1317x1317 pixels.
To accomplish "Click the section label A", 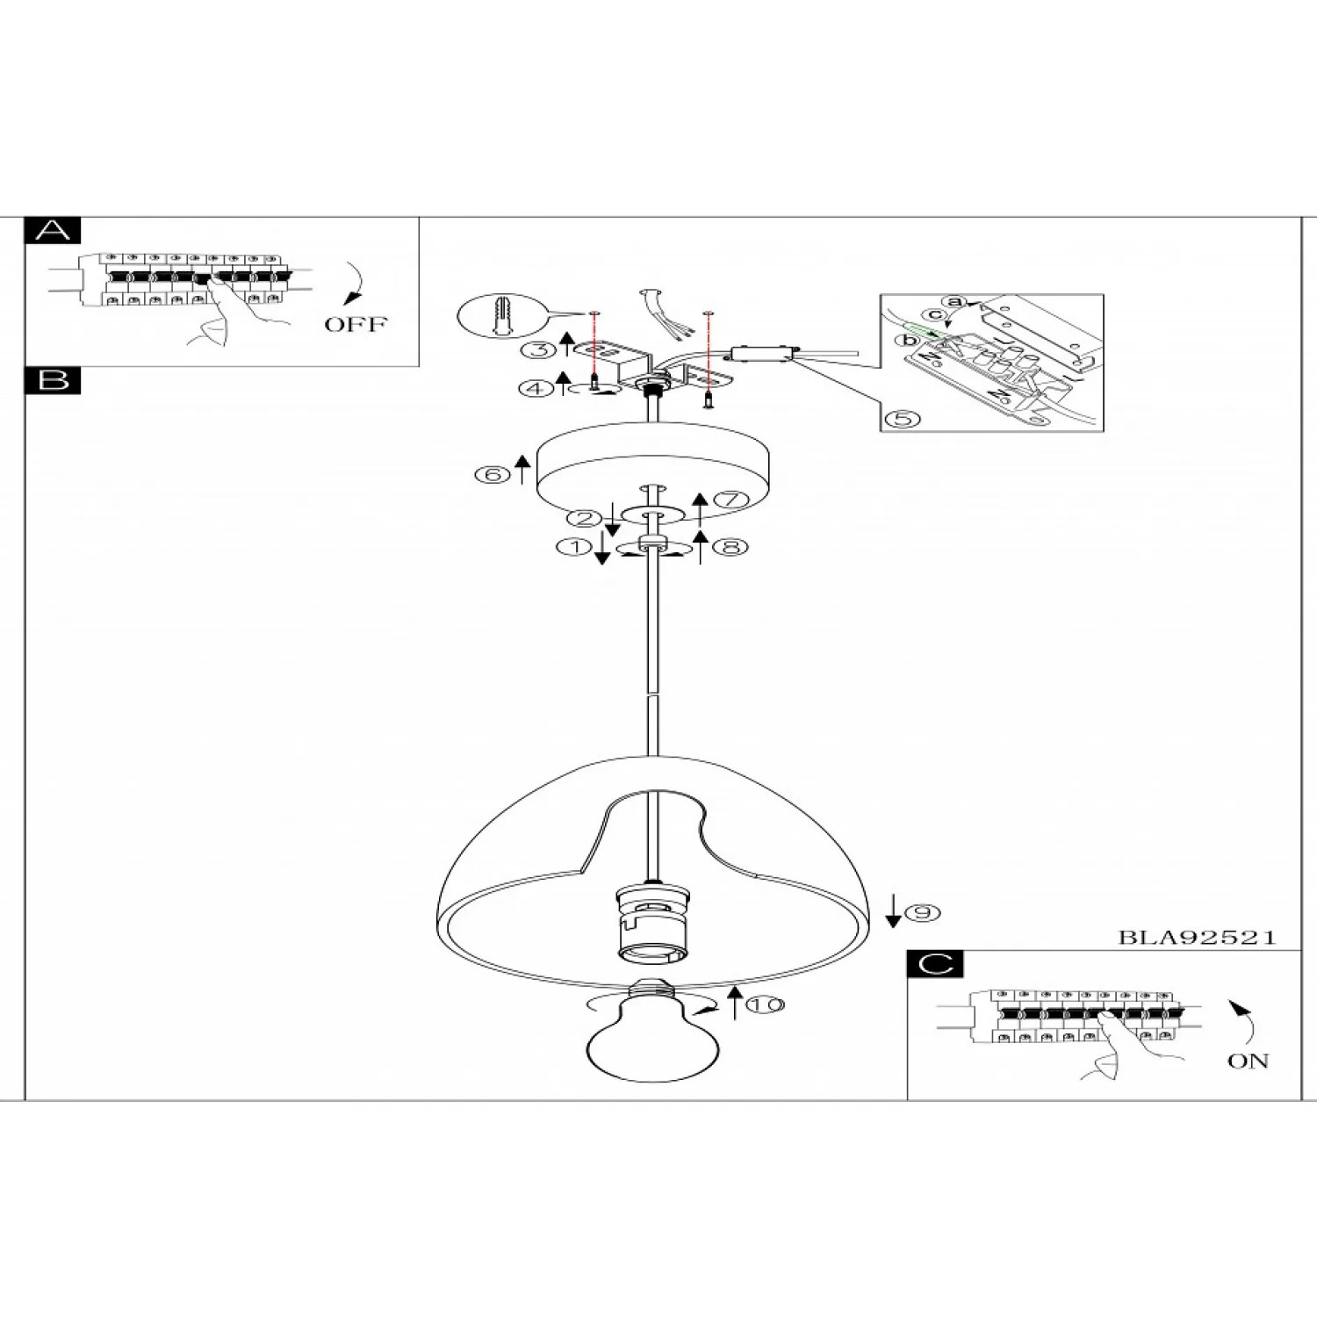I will pyautogui.click(x=54, y=231).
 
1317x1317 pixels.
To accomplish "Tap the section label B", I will pyautogui.click(x=54, y=380).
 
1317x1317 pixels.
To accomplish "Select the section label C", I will pyautogui.click(x=935, y=964).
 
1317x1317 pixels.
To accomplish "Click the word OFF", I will pyautogui.click(x=356, y=324).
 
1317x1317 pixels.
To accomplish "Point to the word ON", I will pyautogui.click(x=1248, y=1061).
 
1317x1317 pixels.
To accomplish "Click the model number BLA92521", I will pyautogui.click(x=1197, y=937).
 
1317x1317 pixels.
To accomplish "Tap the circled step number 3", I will pyautogui.click(x=538, y=349).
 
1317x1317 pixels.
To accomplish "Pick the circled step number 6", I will pyautogui.click(x=492, y=475).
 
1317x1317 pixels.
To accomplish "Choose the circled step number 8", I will pyautogui.click(x=730, y=547).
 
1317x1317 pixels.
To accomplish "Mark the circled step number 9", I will pyautogui.click(x=922, y=913).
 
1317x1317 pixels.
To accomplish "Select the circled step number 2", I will pyautogui.click(x=584, y=518).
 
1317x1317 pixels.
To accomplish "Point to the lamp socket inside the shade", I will pyautogui.click(x=651, y=926).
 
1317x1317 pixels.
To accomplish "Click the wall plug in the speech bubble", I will pyautogui.click(x=500, y=313).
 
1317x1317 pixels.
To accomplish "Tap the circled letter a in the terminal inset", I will pyautogui.click(x=955, y=303).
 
